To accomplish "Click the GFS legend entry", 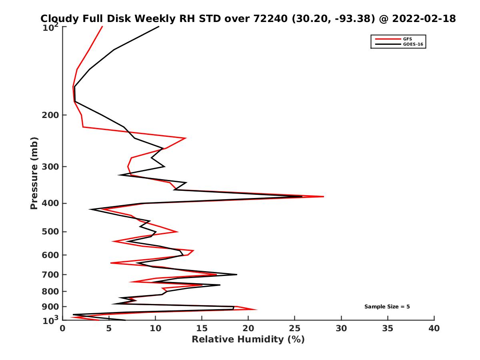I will point(408,38).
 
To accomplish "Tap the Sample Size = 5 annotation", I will point(387,307).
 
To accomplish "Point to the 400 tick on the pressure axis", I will point(51,203).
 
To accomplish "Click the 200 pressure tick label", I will point(51,115).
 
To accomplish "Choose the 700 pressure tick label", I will point(51,274).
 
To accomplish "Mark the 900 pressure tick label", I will point(51,306).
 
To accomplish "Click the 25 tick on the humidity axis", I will point(295,328).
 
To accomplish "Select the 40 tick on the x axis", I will point(434,328).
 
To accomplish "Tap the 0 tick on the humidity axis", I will point(63,328).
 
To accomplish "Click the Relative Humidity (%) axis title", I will point(248,340).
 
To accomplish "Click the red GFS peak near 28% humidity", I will point(323,196).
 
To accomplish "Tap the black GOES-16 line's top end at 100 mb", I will point(159,26).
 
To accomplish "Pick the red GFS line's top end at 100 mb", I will point(102,26).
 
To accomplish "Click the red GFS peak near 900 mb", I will point(256,310).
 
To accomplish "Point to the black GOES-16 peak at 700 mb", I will point(237,274).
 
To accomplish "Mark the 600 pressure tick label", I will point(51,255).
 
